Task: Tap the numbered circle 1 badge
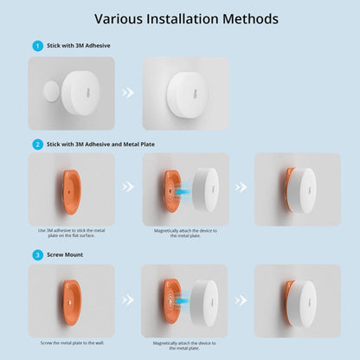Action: (x=36, y=45)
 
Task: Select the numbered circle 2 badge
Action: (x=36, y=144)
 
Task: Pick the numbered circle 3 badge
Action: (x=36, y=254)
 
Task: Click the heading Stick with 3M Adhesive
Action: (x=75, y=45)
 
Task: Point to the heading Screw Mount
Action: (x=64, y=254)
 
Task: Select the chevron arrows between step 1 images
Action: (x=127, y=89)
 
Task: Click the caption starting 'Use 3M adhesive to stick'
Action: (x=73, y=234)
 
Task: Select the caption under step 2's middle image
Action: (x=185, y=234)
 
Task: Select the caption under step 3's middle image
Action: (x=185, y=345)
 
